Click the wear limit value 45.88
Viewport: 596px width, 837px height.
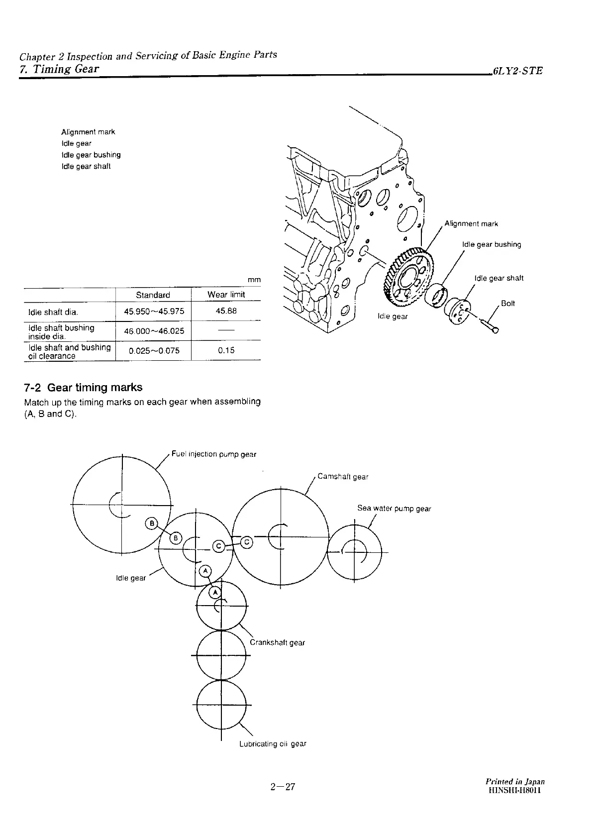pos(226,311)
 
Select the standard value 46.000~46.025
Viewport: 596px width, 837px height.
pos(154,330)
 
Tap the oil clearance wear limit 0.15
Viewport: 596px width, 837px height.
pos(226,350)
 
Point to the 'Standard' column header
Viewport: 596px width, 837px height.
pos(153,295)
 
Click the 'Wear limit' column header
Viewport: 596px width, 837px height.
pos(226,295)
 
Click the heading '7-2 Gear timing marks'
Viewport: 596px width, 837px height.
pos(83,388)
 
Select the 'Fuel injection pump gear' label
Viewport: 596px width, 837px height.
pos(213,454)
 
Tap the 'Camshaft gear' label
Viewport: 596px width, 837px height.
pos(343,477)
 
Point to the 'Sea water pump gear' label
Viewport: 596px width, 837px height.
pos(394,509)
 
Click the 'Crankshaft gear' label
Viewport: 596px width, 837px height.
pos(277,642)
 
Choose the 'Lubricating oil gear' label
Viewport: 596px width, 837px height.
pos(273,744)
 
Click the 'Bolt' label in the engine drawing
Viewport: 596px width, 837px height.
pos(508,303)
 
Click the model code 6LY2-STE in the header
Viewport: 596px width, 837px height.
pos(517,71)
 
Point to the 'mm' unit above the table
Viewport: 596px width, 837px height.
pos(254,280)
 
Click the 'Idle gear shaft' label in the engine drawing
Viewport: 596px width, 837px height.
pos(498,278)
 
